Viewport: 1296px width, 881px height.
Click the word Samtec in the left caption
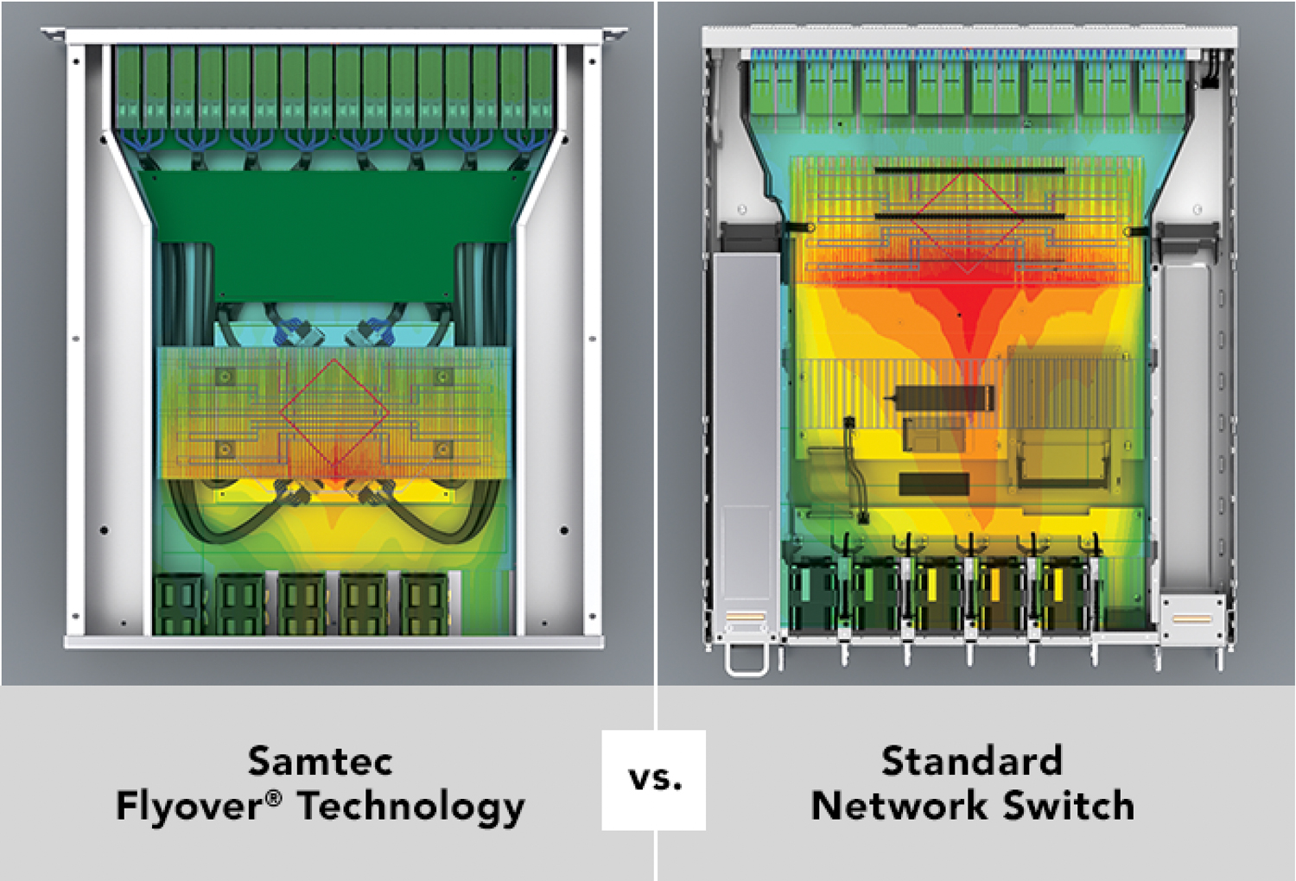tap(320, 761)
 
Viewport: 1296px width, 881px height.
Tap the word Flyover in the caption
tap(190, 806)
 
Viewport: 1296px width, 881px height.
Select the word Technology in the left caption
tap(411, 807)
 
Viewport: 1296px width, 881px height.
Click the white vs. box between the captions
tap(654, 780)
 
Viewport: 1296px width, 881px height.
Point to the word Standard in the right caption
tap(972, 761)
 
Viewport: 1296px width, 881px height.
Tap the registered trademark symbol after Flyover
tap(274, 797)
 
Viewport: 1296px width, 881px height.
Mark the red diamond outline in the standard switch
tap(968, 216)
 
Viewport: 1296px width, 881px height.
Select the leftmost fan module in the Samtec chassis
tap(179, 602)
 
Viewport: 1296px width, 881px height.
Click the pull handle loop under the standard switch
tap(746, 660)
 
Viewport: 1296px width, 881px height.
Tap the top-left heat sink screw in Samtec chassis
tap(225, 377)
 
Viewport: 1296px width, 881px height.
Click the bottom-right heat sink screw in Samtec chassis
tap(443, 449)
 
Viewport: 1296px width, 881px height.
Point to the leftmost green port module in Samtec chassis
tap(127, 86)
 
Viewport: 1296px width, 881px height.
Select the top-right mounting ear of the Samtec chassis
tap(614, 35)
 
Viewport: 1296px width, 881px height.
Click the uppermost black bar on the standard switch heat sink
tap(969, 170)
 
